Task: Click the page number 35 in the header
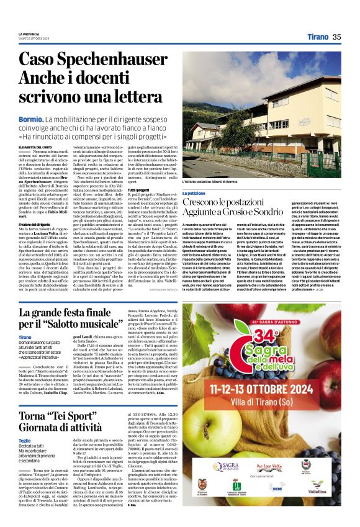pyautogui.click(x=336, y=37)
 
